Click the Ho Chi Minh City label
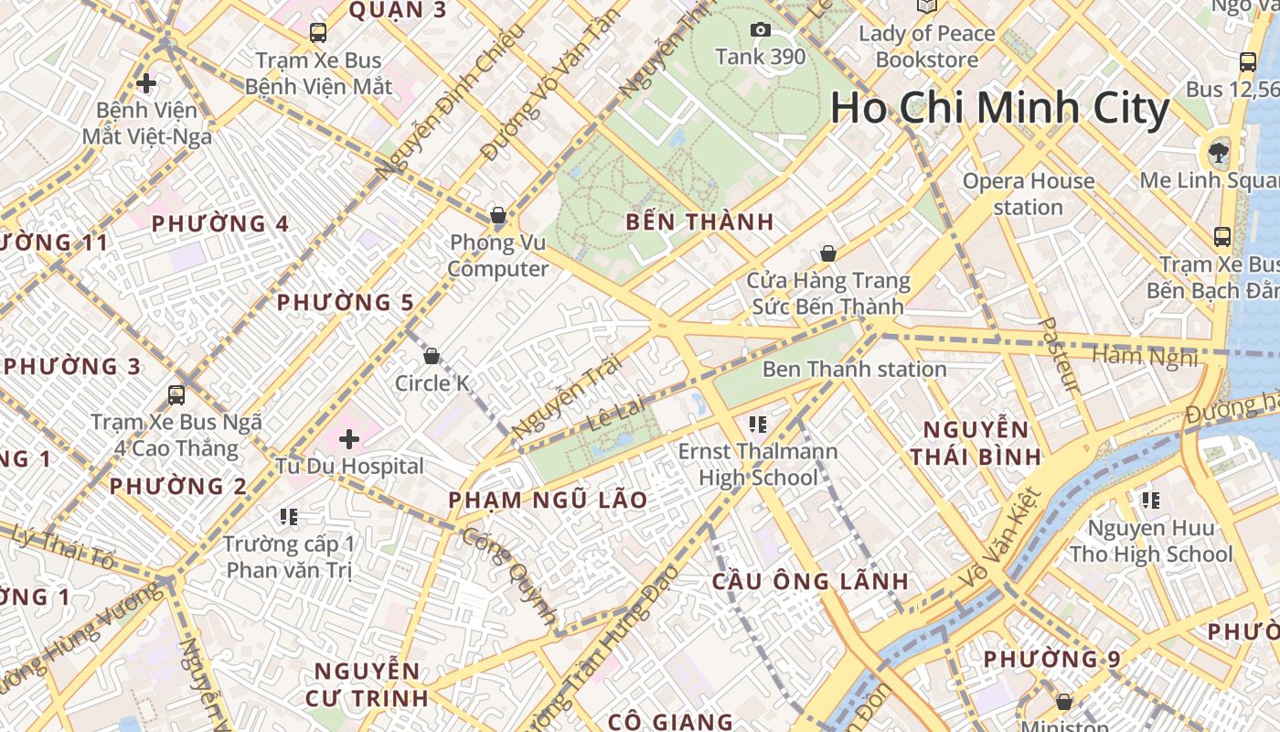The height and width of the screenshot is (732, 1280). coord(999,109)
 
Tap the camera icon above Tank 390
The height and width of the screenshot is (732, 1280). coord(760,30)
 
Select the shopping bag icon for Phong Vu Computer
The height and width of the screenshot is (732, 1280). coord(498,216)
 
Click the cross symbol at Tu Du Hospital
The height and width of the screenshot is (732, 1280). coord(349,439)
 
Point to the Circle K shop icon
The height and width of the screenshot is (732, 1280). coord(432,355)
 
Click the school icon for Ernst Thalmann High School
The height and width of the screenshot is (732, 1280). coord(757,424)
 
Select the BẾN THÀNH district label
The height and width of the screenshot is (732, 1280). coord(699,221)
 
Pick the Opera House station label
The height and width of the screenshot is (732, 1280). coord(1028,194)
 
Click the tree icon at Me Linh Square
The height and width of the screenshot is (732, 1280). coord(1218,151)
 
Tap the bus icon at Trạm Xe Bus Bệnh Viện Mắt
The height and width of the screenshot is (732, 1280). coord(318,33)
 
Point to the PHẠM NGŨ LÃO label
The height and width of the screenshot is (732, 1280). coord(548,501)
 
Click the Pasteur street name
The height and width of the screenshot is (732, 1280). coord(1061,355)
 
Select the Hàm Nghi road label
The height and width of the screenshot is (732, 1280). coord(1145,357)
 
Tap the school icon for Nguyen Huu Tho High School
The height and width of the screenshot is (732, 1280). coord(1150,501)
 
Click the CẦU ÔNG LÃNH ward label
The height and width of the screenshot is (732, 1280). coord(810,581)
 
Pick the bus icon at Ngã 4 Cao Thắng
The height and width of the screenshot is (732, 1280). coord(176,395)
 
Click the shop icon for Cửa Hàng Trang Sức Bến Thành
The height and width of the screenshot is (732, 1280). coord(828,253)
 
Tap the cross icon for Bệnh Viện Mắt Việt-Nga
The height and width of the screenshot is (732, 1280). coord(146,83)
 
